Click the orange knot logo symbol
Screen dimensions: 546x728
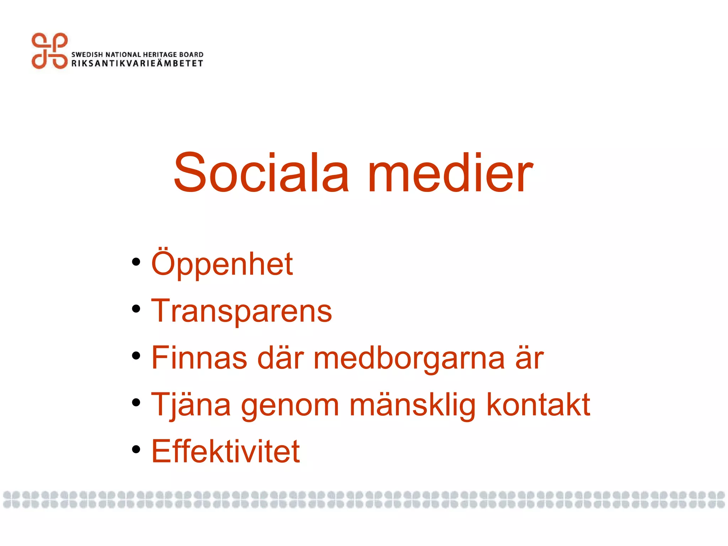pos(49,51)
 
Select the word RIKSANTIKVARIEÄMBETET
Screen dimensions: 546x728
pos(137,64)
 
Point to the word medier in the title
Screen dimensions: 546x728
pos(450,173)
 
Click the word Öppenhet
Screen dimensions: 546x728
pos(222,264)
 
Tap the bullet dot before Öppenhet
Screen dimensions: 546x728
pos(136,262)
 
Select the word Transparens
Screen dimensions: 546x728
pos(242,311)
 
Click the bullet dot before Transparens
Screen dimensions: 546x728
pos(136,309)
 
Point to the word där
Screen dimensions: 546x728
pos(280,358)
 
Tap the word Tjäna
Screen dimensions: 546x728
pos(191,405)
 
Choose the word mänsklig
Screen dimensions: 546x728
pos(412,405)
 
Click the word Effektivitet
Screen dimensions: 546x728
pos(226,451)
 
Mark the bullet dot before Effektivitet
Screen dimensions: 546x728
pos(136,450)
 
